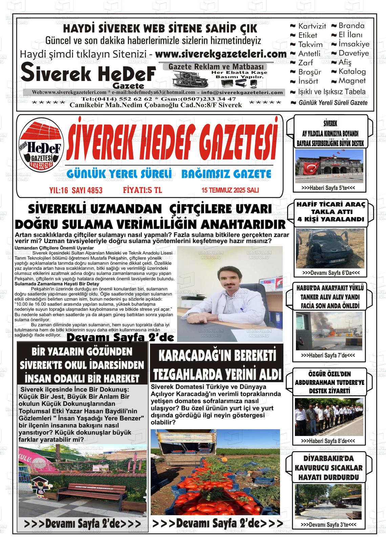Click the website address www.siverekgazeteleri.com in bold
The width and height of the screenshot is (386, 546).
[221, 54]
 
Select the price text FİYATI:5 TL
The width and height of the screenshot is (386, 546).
[142, 190]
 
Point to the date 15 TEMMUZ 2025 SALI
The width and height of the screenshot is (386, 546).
[230, 190]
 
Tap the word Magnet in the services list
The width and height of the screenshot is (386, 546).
[352, 81]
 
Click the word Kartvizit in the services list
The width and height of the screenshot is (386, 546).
[312, 26]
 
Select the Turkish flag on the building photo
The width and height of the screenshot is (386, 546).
[311, 168]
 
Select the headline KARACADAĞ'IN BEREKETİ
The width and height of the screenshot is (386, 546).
[217, 356]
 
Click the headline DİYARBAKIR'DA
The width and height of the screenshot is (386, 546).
[329, 459]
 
